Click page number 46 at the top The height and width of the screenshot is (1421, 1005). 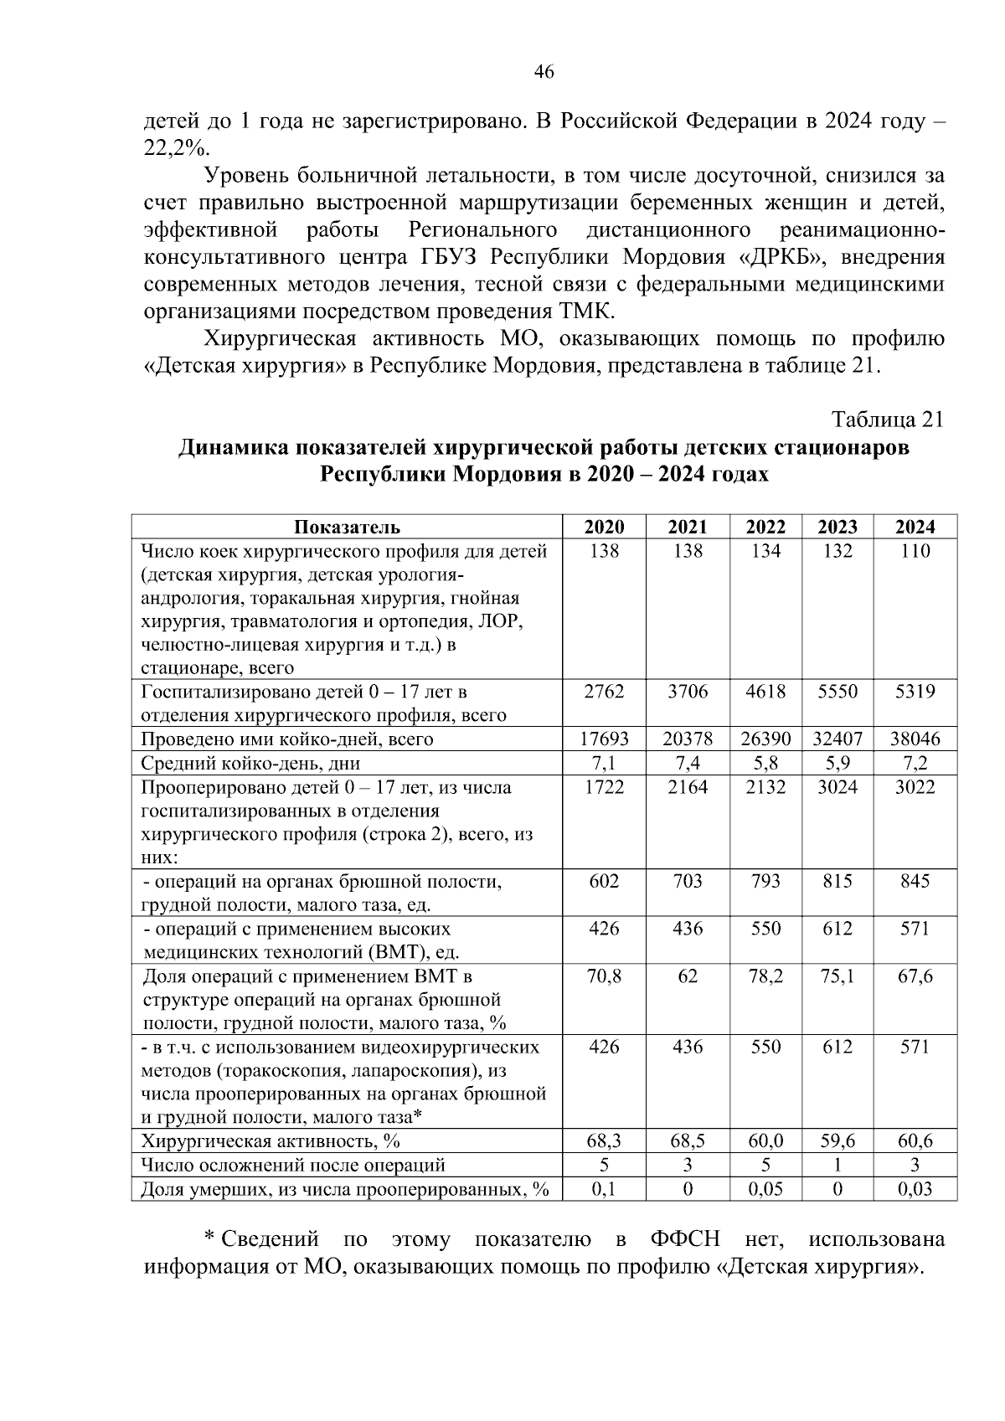[544, 73]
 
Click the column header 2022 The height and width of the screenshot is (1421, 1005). [765, 527]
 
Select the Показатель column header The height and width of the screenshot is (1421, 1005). [346, 527]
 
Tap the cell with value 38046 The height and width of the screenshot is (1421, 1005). [915, 739]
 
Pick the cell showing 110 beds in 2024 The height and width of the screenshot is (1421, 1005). [915, 551]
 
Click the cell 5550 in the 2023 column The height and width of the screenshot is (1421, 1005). [837, 692]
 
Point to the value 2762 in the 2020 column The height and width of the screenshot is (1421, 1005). [604, 692]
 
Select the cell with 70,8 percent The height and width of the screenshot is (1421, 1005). [604, 976]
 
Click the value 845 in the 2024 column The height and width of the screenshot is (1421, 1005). [915, 881]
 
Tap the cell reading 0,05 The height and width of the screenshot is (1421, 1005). [765, 1188]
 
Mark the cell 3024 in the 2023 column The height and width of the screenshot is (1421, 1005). [837, 787]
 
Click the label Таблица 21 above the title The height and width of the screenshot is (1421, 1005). [887, 420]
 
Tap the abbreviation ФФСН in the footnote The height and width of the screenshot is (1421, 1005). [685, 1238]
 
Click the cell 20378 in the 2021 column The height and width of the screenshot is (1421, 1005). [688, 739]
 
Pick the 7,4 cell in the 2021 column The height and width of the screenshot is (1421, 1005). [688, 763]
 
